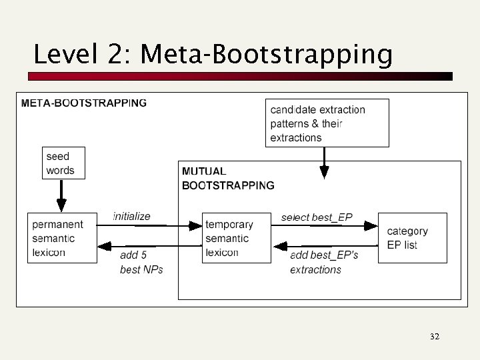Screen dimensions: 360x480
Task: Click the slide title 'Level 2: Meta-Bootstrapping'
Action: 213,54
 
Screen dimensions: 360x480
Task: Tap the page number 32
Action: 434,337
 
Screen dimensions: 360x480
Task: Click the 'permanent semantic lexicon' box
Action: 62,238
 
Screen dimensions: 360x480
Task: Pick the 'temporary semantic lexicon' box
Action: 237,238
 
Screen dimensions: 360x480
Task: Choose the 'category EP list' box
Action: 412,238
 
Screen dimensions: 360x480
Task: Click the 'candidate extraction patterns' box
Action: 328,123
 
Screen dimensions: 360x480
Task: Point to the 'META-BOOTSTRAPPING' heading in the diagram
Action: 84,103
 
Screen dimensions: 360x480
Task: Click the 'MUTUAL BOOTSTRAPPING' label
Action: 228,179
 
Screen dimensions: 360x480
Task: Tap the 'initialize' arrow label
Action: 132,217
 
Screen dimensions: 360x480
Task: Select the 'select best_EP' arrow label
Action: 317,217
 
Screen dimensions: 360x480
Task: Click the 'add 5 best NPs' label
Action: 141,262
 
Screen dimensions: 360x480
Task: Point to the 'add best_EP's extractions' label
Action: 324,262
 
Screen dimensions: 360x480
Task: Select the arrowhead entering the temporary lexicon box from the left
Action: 196,226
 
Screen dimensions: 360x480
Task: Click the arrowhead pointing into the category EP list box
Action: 371,226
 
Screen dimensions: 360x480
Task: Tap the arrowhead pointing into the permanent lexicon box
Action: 103,246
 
